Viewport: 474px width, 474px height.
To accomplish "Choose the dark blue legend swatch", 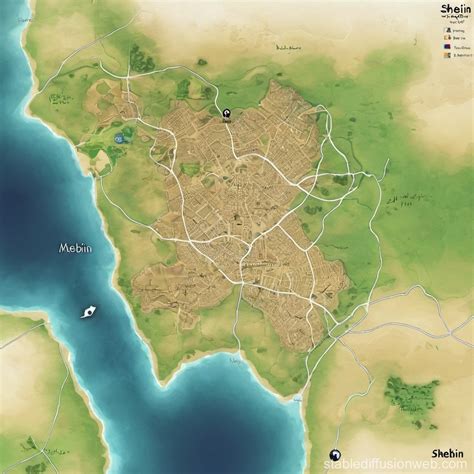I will pyautogui.click(x=442, y=45).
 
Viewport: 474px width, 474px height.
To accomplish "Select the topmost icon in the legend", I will pyautogui.click(x=442, y=31).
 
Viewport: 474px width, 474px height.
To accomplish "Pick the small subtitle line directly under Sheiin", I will pyautogui.click(x=453, y=17).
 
